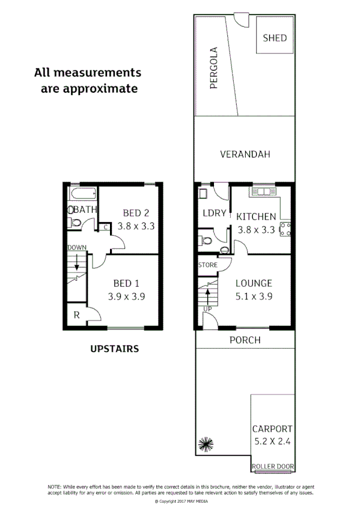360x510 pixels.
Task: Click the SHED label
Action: click(275, 38)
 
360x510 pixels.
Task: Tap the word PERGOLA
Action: click(213, 67)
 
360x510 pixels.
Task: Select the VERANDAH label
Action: click(245, 155)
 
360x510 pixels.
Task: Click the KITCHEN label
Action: click(256, 217)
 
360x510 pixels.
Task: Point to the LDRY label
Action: click(214, 213)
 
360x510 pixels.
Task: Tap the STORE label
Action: click(207, 265)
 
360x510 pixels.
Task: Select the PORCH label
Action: click(245, 340)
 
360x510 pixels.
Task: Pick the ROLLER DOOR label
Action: click(272, 466)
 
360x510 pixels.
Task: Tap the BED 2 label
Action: click(136, 213)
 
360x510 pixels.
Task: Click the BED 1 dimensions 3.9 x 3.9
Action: click(126, 296)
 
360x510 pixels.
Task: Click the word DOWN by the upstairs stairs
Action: click(77, 247)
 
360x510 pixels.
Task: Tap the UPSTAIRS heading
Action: click(114, 348)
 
